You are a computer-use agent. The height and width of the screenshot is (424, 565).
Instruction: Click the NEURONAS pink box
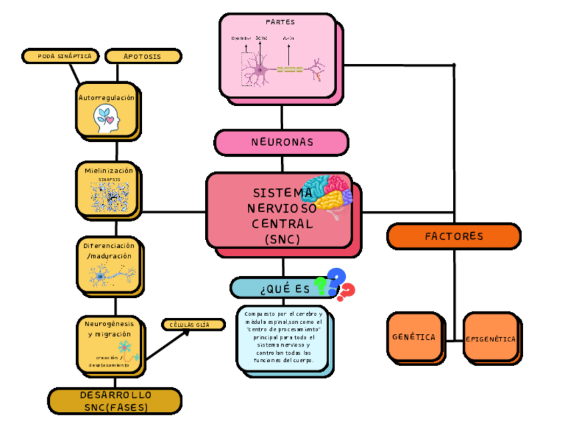[x=281, y=142]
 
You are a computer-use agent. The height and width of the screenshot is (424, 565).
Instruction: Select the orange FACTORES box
[x=453, y=236]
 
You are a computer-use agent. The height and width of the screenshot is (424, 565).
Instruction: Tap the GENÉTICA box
[x=414, y=337]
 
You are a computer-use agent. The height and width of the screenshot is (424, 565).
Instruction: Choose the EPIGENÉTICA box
[x=490, y=338]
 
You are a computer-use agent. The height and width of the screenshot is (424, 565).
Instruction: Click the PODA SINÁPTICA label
[x=61, y=56]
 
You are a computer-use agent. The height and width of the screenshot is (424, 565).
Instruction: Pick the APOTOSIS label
[x=143, y=56]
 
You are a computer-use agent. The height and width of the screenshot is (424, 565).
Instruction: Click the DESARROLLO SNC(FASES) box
[x=115, y=401]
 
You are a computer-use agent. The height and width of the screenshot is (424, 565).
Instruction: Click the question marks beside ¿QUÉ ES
[x=336, y=285]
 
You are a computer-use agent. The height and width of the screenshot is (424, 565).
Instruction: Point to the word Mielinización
[x=109, y=170]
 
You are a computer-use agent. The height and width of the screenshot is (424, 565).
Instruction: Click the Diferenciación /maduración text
[x=109, y=251]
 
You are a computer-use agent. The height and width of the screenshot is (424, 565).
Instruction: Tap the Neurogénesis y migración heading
[x=109, y=328]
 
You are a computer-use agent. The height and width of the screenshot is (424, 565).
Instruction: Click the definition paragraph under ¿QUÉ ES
[x=283, y=337]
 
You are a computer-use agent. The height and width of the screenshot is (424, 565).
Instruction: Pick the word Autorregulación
[x=107, y=97]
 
